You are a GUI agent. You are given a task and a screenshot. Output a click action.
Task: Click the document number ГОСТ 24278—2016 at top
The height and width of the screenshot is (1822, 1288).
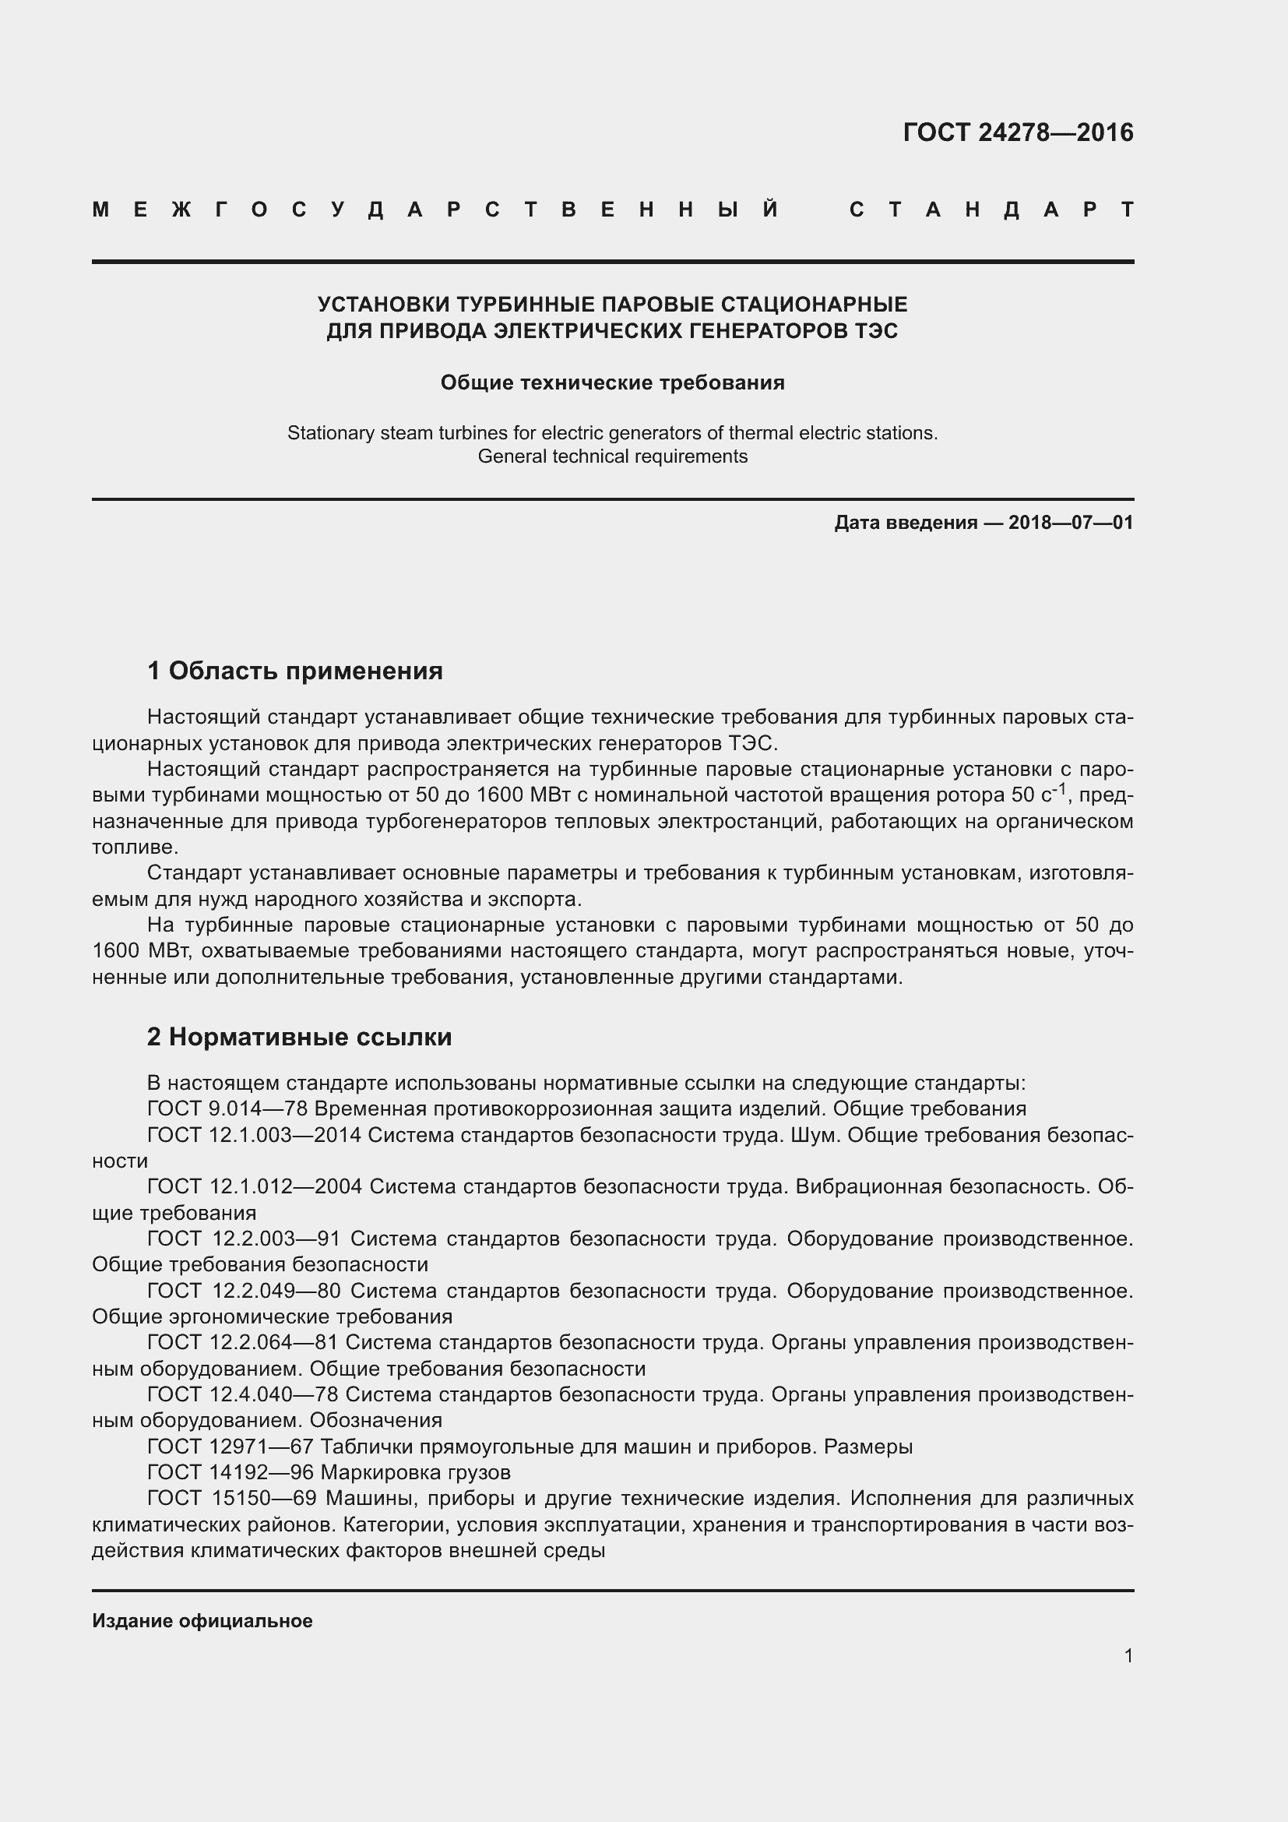point(1018,132)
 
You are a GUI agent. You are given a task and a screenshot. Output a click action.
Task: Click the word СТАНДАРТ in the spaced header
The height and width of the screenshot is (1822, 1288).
point(991,210)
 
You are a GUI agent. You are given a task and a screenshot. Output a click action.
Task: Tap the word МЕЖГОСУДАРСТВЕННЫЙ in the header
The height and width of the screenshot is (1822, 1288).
point(435,210)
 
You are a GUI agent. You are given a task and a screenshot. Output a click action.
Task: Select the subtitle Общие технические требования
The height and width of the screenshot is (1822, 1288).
point(612,382)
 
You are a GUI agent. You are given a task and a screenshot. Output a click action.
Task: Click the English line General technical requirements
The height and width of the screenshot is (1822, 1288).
point(612,456)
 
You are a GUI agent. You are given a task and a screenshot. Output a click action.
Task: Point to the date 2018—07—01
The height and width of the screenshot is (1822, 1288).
point(1071,523)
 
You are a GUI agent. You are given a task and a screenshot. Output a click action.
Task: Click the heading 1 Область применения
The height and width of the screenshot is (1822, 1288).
point(294,671)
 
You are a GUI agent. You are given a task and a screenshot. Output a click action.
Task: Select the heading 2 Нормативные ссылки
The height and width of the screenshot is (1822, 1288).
point(299,1037)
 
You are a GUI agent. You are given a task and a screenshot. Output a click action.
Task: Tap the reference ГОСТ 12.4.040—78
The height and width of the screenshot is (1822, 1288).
point(242,1394)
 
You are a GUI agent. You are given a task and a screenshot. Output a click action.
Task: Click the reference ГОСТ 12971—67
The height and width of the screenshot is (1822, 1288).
point(230,1447)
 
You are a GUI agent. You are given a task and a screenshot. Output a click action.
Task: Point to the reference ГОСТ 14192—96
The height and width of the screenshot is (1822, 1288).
point(230,1473)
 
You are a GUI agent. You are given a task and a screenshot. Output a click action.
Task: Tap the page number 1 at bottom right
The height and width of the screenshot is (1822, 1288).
point(1128,1655)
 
